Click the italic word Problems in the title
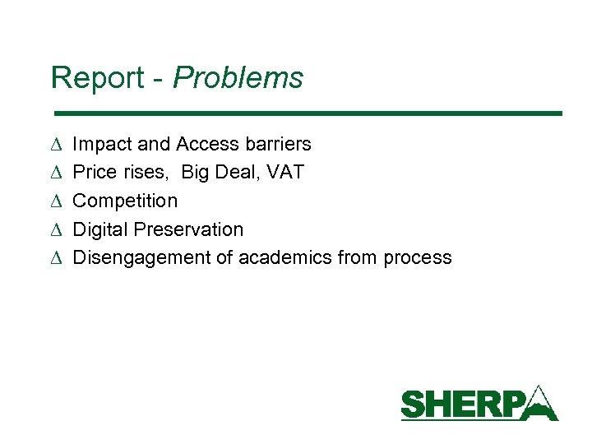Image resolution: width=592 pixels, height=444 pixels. coord(238,78)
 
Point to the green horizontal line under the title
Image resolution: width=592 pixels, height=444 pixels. coord(307,113)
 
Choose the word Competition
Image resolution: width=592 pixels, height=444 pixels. coord(125,201)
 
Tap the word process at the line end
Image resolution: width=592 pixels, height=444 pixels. coord(419,258)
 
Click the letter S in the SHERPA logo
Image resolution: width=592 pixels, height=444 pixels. coord(414,405)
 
